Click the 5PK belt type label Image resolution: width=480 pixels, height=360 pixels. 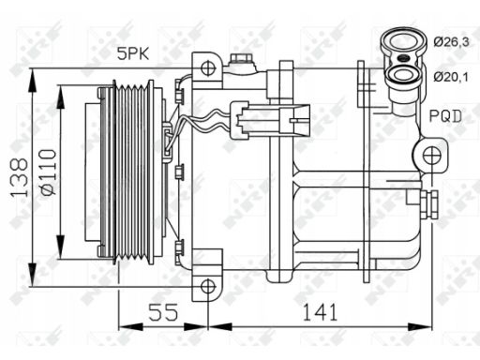(133, 53)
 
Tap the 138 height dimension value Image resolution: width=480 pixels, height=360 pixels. (20, 178)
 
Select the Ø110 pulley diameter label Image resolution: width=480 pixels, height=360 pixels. (49, 172)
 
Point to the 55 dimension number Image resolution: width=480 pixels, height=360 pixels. (163, 312)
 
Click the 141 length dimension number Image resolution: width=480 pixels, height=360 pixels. (321, 312)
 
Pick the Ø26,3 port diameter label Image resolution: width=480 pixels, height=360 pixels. (451, 41)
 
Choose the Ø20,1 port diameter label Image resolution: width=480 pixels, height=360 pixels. (451, 77)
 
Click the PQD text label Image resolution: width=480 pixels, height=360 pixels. (445, 116)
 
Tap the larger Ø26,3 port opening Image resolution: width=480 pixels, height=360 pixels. (402, 41)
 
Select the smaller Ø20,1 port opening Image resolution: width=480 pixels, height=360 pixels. (403, 75)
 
